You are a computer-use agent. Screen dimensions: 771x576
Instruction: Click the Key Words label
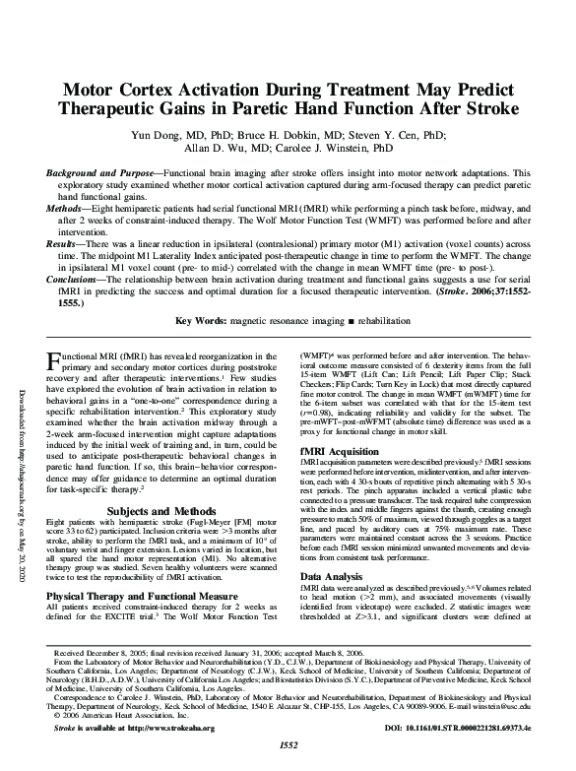[200, 322]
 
